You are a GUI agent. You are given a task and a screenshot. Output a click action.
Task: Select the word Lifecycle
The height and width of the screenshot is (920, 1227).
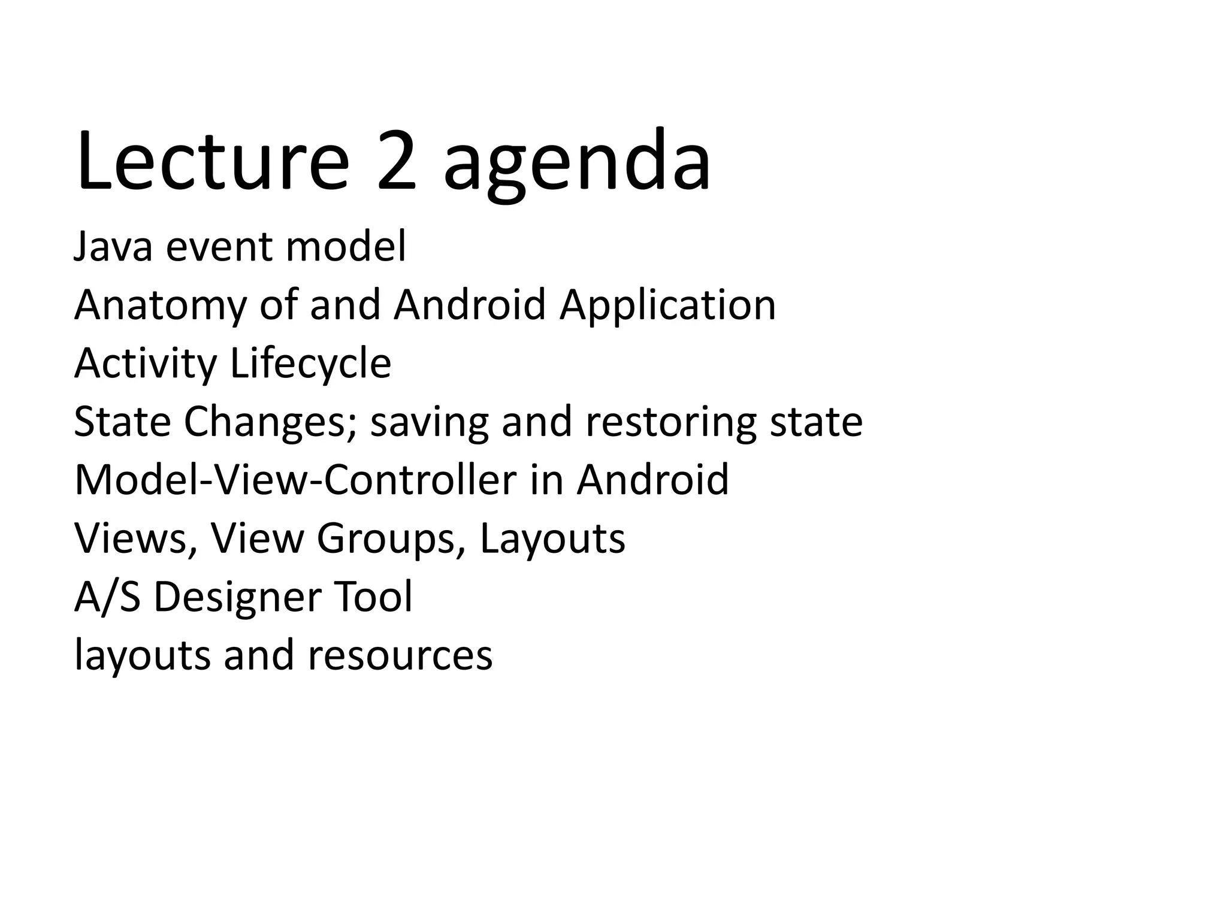pyautogui.click(x=311, y=364)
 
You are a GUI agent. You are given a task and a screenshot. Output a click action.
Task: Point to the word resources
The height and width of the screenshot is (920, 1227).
pyautogui.click(x=400, y=655)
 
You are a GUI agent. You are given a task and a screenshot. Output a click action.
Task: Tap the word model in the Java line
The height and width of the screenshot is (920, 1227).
pyautogui.click(x=346, y=247)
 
